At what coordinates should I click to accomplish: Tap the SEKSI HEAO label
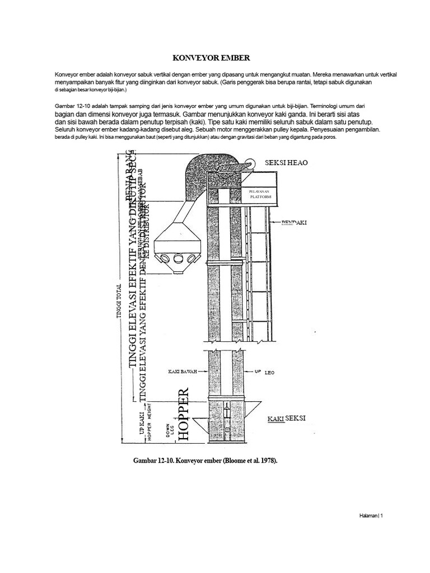287,162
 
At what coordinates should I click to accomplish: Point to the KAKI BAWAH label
183,371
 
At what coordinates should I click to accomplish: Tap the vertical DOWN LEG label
167,431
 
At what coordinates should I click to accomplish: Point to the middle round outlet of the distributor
179,259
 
